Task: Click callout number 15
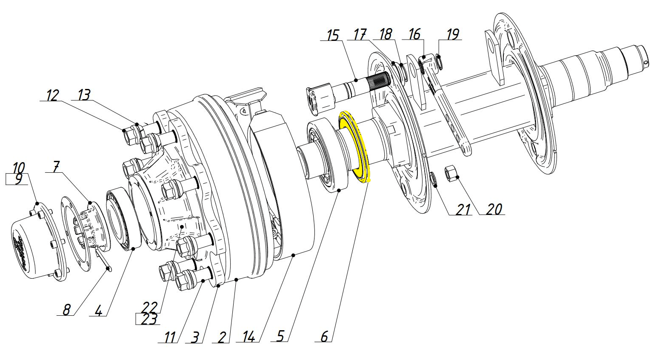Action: click(x=333, y=35)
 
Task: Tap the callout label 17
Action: click(x=360, y=34)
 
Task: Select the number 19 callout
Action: click(x=453, y=34)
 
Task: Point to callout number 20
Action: click(x=494, y=209)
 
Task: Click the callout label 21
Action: click(x=464, y=210)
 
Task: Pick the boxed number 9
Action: click(x=18, y=179)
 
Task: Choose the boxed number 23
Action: click(x=149, y=319)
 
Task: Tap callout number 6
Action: click(x=324, y=336)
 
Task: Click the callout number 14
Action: click(x=249, y=337)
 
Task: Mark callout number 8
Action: click(x=66, y=310)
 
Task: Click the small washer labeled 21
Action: click(x=434, y=180)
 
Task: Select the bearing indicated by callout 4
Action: click(x=123, y=220)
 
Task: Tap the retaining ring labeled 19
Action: click(x=440, y=62)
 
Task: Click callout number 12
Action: click(x=53, y=95)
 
